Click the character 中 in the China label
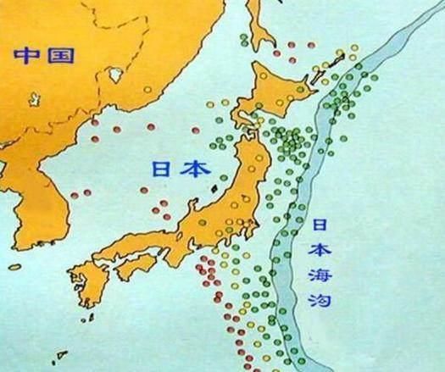pyautogui.click(x=25, y=56)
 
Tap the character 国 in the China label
pyautogui.click(x=60, y=56)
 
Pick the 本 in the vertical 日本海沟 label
pyautogui.click(x=320, y=251)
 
